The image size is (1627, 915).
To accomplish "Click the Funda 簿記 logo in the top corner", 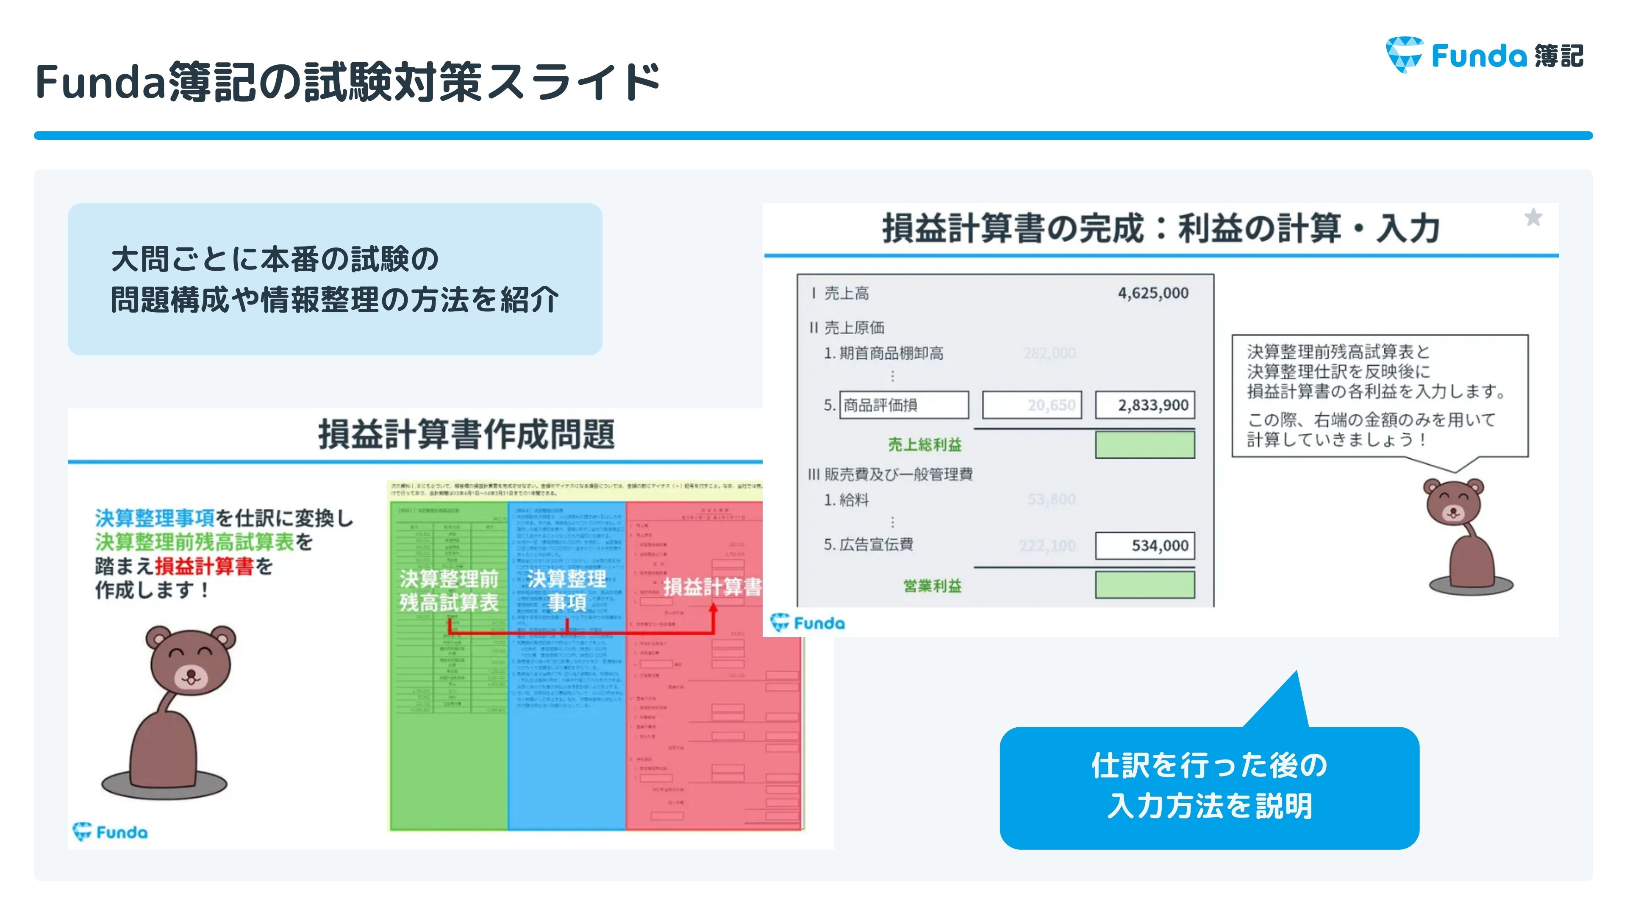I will tap(1484, 55).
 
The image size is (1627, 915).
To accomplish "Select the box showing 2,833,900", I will tap(1144, 405).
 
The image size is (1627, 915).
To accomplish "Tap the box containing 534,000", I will tap(1144, 546).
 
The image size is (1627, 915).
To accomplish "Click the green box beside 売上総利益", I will tap(1144, 444).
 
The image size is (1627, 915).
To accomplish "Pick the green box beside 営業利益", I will tap(1144, 585).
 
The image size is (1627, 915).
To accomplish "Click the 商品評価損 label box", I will tap(903, 405).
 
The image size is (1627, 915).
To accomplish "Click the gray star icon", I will tap(1533, 218).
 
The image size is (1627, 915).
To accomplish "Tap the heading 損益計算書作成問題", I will tap(466, 435).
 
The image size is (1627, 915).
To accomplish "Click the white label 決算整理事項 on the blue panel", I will tap(566, 591).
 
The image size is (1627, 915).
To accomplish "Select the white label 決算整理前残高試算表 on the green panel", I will tap(448, 591).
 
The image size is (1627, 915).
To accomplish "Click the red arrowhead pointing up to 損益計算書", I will tap(713, 609).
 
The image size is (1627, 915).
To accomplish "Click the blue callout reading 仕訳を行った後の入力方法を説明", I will tap(1209, 786).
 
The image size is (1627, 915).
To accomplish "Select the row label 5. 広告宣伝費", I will tap(869, 544).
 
